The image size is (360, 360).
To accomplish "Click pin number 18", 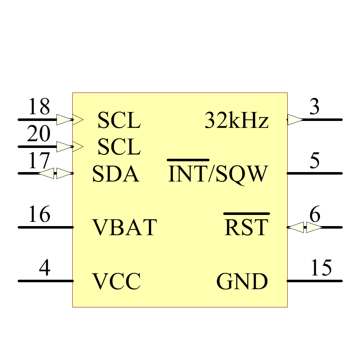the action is click(x=39, y=106).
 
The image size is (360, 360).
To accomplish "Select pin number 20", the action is click(x=39, y=134).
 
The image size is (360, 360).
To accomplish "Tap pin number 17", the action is click(x=39, y=160).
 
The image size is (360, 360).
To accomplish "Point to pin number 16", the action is click(x=39, y=214).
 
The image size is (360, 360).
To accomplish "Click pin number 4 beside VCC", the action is click(x=45, y=267).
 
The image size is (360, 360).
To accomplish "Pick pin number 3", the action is click(x=315, y=106).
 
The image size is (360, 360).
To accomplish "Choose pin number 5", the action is click(x=315, y=160).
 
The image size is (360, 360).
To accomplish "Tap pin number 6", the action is click(x=315, y=214).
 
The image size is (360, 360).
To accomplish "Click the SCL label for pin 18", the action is click(x=119, y=120).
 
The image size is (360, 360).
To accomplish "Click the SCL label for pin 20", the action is click(x=119, y=147).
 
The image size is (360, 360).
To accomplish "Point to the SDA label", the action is click(x=116, y=174).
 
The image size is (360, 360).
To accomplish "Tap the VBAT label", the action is click(x=125, y=227).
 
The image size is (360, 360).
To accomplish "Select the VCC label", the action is click(x=116, y=281).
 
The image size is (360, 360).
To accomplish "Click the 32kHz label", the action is click(x=237, y=120).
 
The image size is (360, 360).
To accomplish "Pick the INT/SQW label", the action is click(x=218, y=174).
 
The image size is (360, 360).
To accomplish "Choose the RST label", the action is click(x=246, y=227).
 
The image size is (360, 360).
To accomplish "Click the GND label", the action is click(x=242, y=281).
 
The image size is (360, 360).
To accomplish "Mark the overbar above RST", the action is click(x=247, y=214).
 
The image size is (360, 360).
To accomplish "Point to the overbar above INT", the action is click(x=188, y=160).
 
